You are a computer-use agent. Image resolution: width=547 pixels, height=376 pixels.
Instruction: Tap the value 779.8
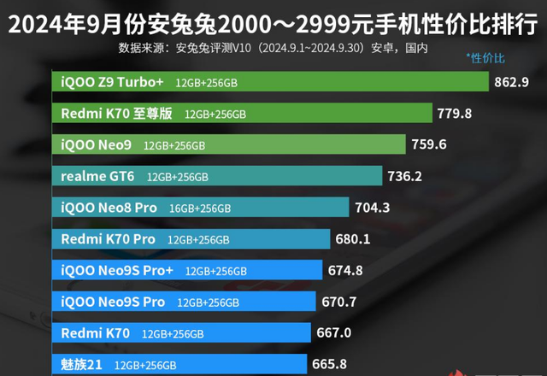[455, 113]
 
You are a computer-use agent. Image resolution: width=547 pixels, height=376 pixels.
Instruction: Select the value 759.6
[428, 144]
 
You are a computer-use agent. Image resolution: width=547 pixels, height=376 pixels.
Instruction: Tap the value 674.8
[345, 270]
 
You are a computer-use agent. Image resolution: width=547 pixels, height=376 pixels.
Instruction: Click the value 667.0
[333, 333]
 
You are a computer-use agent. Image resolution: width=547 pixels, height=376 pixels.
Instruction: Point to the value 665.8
[329, 364]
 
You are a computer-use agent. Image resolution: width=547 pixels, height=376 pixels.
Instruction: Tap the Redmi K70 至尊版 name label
[117, 113]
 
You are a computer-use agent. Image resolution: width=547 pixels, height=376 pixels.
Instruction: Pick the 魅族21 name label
[82, 365]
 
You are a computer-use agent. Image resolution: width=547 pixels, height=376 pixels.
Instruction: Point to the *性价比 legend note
[485, 58]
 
